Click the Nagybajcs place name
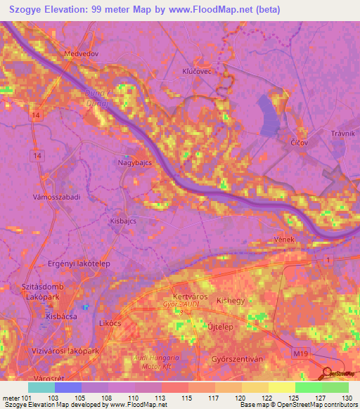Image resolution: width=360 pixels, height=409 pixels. coord(134,162)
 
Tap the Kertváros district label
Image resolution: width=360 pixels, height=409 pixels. coord(188,297)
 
